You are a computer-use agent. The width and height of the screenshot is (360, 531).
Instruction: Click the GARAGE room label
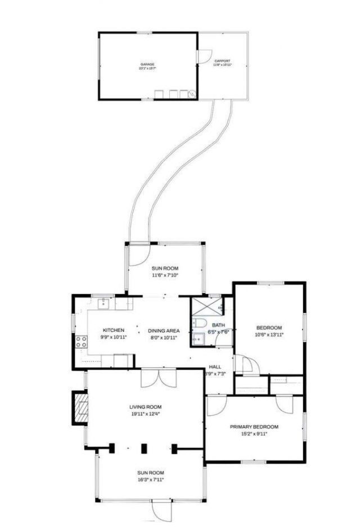pos(147,64)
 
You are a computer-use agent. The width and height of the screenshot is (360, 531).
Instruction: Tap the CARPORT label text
pos(222,61)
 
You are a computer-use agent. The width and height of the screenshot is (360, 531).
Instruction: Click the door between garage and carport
pos(204,57)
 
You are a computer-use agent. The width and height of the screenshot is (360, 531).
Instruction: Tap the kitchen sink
pos(103,304)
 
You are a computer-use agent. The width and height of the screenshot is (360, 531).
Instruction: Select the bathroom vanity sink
pos(197,339)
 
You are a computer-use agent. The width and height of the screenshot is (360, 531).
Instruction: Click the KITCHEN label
pos(113,330)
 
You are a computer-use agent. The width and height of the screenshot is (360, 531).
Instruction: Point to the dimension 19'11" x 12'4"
pos(146,415)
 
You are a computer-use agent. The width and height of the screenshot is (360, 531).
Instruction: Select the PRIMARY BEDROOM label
pos(254,427)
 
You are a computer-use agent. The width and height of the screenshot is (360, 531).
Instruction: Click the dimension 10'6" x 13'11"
pos(269,335)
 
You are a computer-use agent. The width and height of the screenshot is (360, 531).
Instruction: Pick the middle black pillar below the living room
pos(144,448)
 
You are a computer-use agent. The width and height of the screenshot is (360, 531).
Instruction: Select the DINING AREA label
pos(164,330)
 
